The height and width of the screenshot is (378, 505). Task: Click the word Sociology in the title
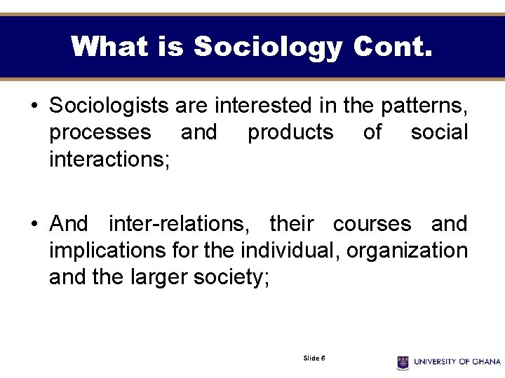click(x=268, y=48)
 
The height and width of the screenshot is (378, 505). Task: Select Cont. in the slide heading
click(x=393, y=48)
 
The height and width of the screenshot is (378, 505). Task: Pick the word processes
click(x=100, y=132)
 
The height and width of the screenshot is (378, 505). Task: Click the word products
click(x=290, y=132)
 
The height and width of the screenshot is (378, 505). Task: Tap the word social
click(x=439, y=132)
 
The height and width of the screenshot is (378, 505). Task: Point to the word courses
click(x=372, y=224)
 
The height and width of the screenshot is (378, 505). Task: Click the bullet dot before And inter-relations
click(x=34, y=225)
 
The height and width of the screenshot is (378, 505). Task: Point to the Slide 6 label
click(x=314, y=358)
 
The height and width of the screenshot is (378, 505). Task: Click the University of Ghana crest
click(x=403, y=362)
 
